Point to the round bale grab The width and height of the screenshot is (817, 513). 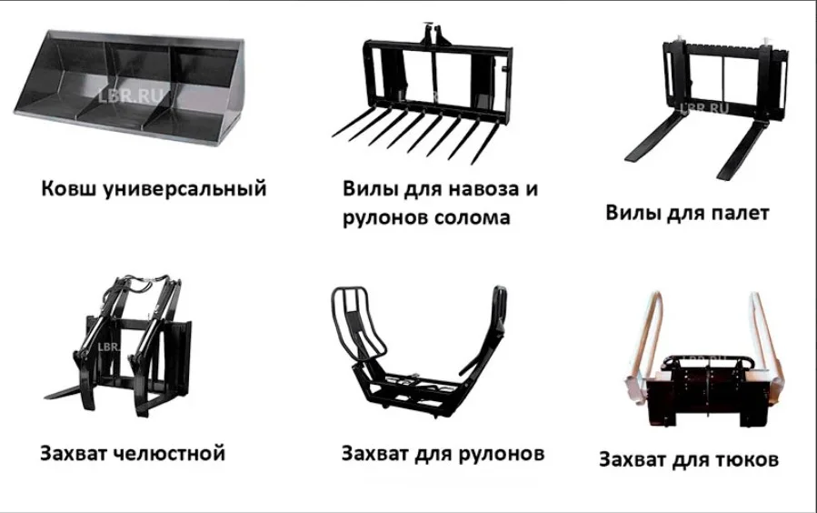(x=417, y=355)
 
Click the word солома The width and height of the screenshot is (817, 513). (x=472, y=217)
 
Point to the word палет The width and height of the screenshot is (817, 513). (x=740, y=213)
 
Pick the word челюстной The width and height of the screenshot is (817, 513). (x=170, y=454)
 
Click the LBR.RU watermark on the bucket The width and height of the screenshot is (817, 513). (x=130, y=96)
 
